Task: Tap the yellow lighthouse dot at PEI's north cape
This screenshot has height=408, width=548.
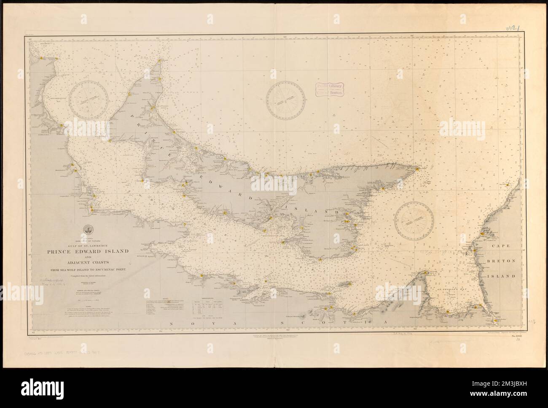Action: point(159,61)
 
